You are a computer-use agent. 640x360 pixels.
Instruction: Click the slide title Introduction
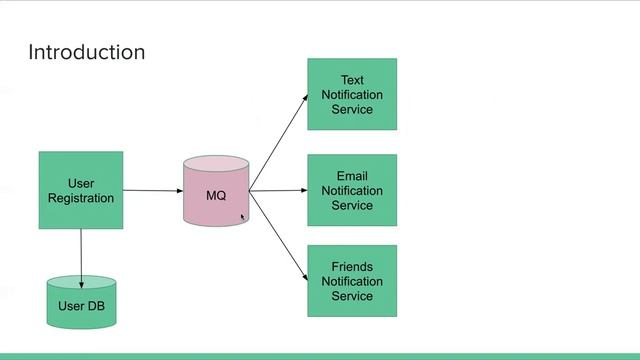click(86, 52)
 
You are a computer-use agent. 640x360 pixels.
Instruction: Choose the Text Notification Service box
click(352, 94)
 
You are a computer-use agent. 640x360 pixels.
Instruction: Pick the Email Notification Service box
click(352, 190)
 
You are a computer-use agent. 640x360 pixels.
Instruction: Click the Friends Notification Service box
click(352, 281)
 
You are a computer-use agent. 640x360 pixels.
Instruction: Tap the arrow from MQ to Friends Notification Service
click(278, 236)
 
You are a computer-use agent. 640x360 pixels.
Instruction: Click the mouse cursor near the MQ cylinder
click(243, 215)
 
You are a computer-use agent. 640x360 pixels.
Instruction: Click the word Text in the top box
click(352, 80)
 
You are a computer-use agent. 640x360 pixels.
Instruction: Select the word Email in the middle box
click(352, 177)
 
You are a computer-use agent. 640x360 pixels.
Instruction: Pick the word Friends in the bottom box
click(352, 267)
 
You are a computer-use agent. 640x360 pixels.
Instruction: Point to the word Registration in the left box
click(81, 198)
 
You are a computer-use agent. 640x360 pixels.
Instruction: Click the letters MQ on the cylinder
click(216, 196)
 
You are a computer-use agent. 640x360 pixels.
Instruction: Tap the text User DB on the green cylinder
click(81, 306)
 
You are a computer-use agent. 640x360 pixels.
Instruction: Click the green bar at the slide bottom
click(320, 356)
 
